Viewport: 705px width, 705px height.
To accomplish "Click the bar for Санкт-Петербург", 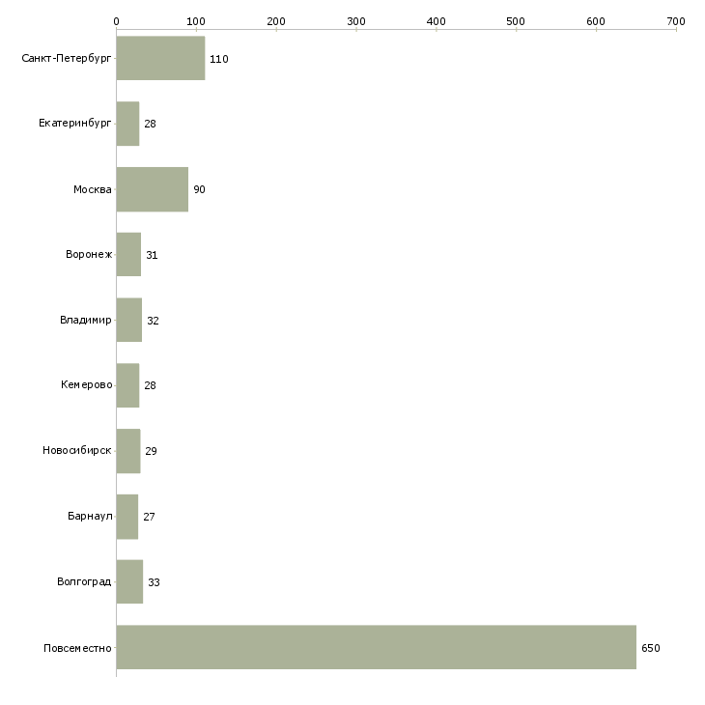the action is pyautogui.click(x=160, y=58).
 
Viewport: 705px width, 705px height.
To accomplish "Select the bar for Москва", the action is pyautogui.click(x=153, y=189).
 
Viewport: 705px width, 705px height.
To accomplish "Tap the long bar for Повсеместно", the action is pyautogui.click(x=377, y=647).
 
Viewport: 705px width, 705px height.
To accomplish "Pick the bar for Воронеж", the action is pyautogui.click(x=128, y=255).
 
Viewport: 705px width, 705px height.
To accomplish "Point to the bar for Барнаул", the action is pyautogui.click(x=127, y=517).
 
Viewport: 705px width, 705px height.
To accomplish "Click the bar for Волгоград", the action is pyautogui.click(x=129, y=581).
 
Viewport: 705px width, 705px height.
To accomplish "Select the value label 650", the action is pyautogui.click(x=651, y=648).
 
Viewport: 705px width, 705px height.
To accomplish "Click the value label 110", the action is pyautogui.click(x=219, y=59).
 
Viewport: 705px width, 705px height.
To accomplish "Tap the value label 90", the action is pyautogui.click(x=199, y=189).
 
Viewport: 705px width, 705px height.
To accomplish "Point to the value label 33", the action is pyautogui.click(x=154, y=582).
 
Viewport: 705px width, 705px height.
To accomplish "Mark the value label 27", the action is pyautogui.click(x=149, y=517).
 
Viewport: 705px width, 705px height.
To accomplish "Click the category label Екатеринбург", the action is pyautogui.click(x=74, y=124).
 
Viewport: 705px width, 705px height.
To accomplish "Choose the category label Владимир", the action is pyautogui.click(x=85, y=320).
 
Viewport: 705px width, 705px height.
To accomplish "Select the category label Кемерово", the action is pyautogui.click(x=86, y=385).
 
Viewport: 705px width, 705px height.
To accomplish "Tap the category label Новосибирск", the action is pyautogui.click(x=77, y=450).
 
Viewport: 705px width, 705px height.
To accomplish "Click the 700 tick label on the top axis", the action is pyautogui.click(x=676, y=21).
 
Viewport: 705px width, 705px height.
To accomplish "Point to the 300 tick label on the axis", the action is pyautogui.click(x=356, y=21).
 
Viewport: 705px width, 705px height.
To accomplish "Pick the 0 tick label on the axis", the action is pyautogui.click(x=117, y=21).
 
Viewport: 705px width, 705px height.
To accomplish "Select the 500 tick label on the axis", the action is pyautogui.click(x=516, y=21).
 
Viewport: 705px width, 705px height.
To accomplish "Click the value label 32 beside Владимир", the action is pyautogui.click(x=153, y=321).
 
